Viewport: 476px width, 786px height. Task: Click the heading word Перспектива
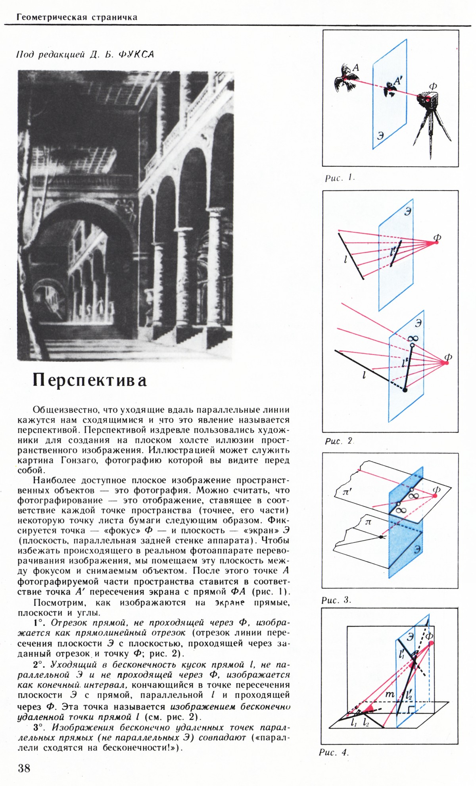[90, 380]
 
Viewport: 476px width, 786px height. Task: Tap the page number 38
[24, 768]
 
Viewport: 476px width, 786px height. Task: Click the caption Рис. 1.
[339, 178]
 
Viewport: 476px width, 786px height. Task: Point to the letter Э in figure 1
[380, 135]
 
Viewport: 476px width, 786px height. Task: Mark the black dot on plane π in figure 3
[381, 537]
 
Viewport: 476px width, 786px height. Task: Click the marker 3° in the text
[40, 727]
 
